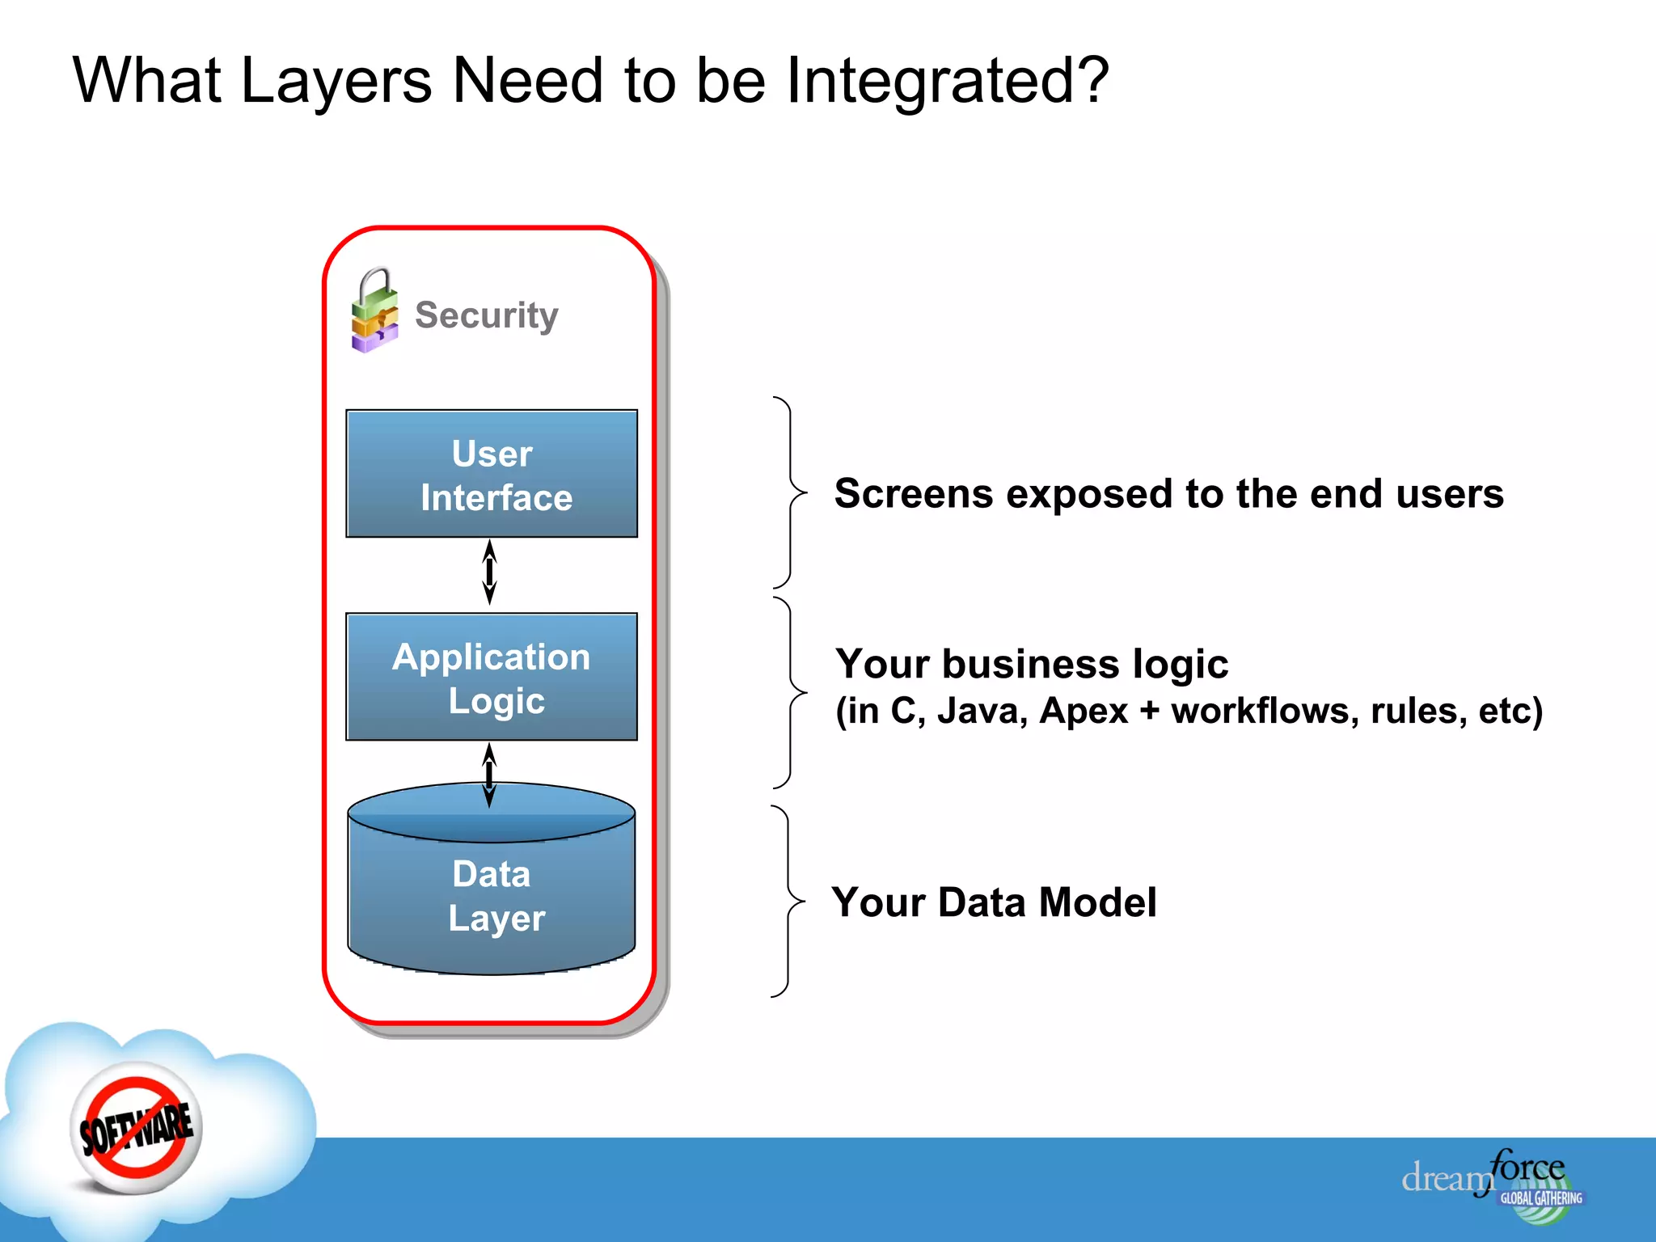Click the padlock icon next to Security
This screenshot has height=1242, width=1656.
(x=374, y=311)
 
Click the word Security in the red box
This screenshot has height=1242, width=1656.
(x=486, y=315)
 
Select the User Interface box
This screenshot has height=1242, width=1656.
(x=492, y=474)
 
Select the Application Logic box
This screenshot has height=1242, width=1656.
(x=492, y=677)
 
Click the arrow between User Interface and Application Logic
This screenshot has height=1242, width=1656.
(x=489, y=572)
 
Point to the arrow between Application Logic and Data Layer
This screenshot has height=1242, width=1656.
(x=489, y=774)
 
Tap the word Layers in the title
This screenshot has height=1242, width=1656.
(x=336, y=81)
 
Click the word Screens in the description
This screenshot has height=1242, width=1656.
(x=913, y=493)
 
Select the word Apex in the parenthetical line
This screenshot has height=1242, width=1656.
(x=1083, y=712)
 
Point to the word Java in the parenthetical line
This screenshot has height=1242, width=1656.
(x=982, y=712)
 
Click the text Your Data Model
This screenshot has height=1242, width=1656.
(x=994, y=902)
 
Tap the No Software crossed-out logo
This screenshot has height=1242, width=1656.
(x=136, y=1129)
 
